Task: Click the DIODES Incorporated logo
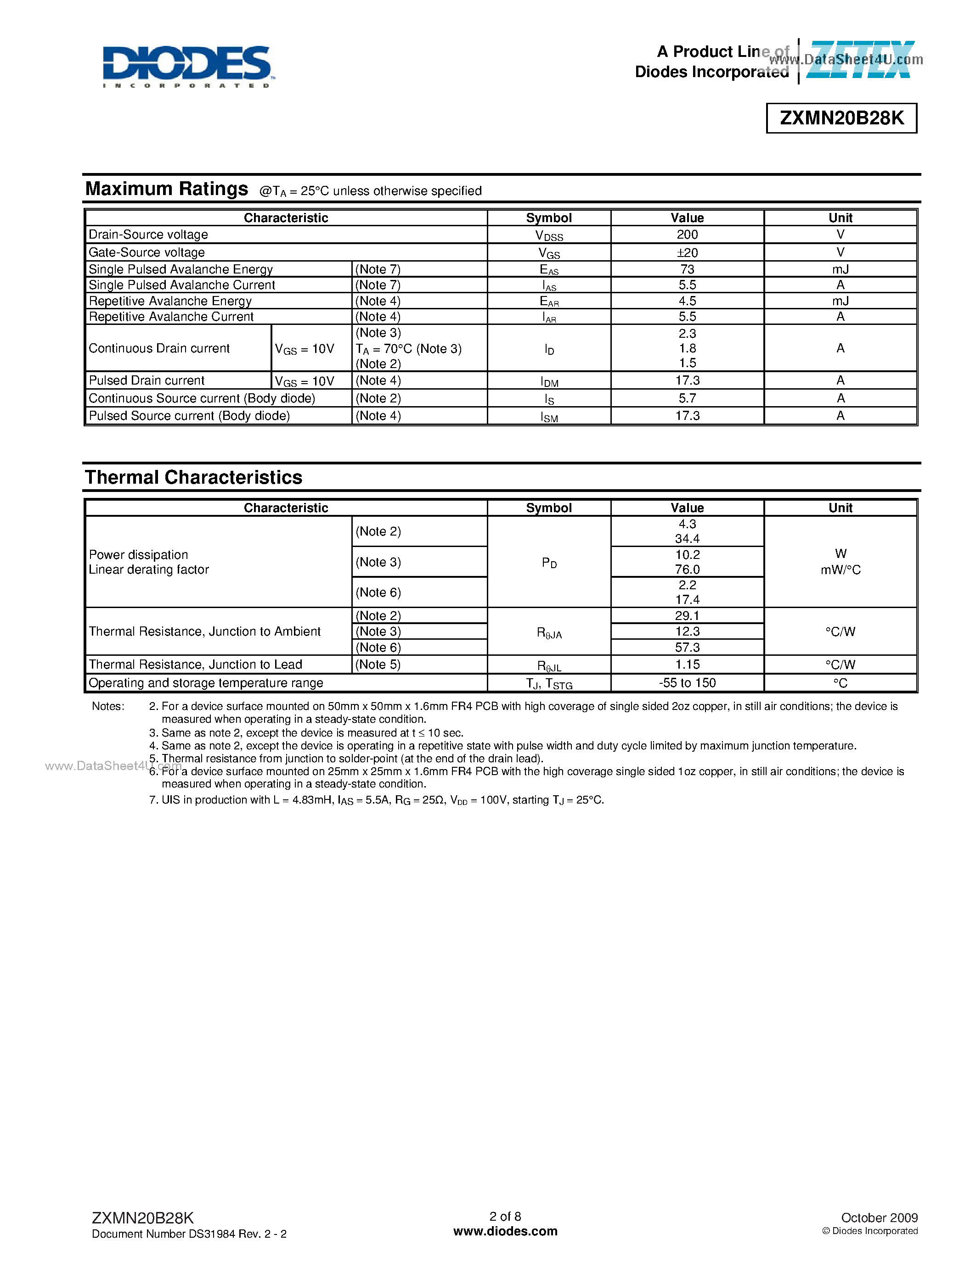click(x=186, y=66)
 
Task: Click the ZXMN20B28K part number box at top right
click(x=841, y=118)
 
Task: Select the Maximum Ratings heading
click(x=167, y=189)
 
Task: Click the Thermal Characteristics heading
click(x=194, y=477)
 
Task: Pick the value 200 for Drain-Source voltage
click(x=687, y=235)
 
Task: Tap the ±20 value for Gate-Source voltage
click(x=687, y=252)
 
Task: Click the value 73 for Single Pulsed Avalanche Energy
click(x=687, y=269)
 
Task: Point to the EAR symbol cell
click(x=549, y=301)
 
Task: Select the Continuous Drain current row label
click(x=159, y=348)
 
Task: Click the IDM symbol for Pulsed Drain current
click(x=549, y=381)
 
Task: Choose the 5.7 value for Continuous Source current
click(x=687, y=398)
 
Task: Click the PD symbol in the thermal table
click(x=549, y=563)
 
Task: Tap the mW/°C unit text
click(x=840, y=570)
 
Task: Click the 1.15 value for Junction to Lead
click(x=687, y=665)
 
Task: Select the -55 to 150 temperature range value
click(x=687, y=683)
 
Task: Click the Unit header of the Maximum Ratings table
click(x=840, y=218)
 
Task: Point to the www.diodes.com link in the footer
click(x=505, y=1231)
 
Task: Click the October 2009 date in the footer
click(x=879, y=1217)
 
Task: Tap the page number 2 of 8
click(x=505, y=1217)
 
